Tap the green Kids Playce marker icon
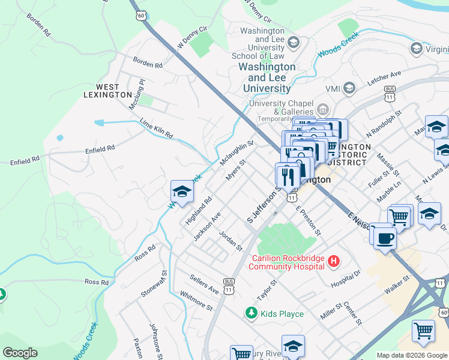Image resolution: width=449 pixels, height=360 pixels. click(x=251, y=313)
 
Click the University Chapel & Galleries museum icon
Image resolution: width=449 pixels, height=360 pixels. click(x=323, y=109)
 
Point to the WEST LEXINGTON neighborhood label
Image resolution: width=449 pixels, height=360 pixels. click(x=106, y=90)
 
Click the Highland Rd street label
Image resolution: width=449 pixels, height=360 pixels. click(x=199, y=211)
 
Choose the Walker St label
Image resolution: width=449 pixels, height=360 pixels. click(x=397, y=283)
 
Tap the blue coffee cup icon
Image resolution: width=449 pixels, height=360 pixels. click(x=385, y=238)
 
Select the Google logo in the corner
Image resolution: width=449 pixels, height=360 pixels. click(x=20, y=353)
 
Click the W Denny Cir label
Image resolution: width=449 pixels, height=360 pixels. click(x=192, y=37)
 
